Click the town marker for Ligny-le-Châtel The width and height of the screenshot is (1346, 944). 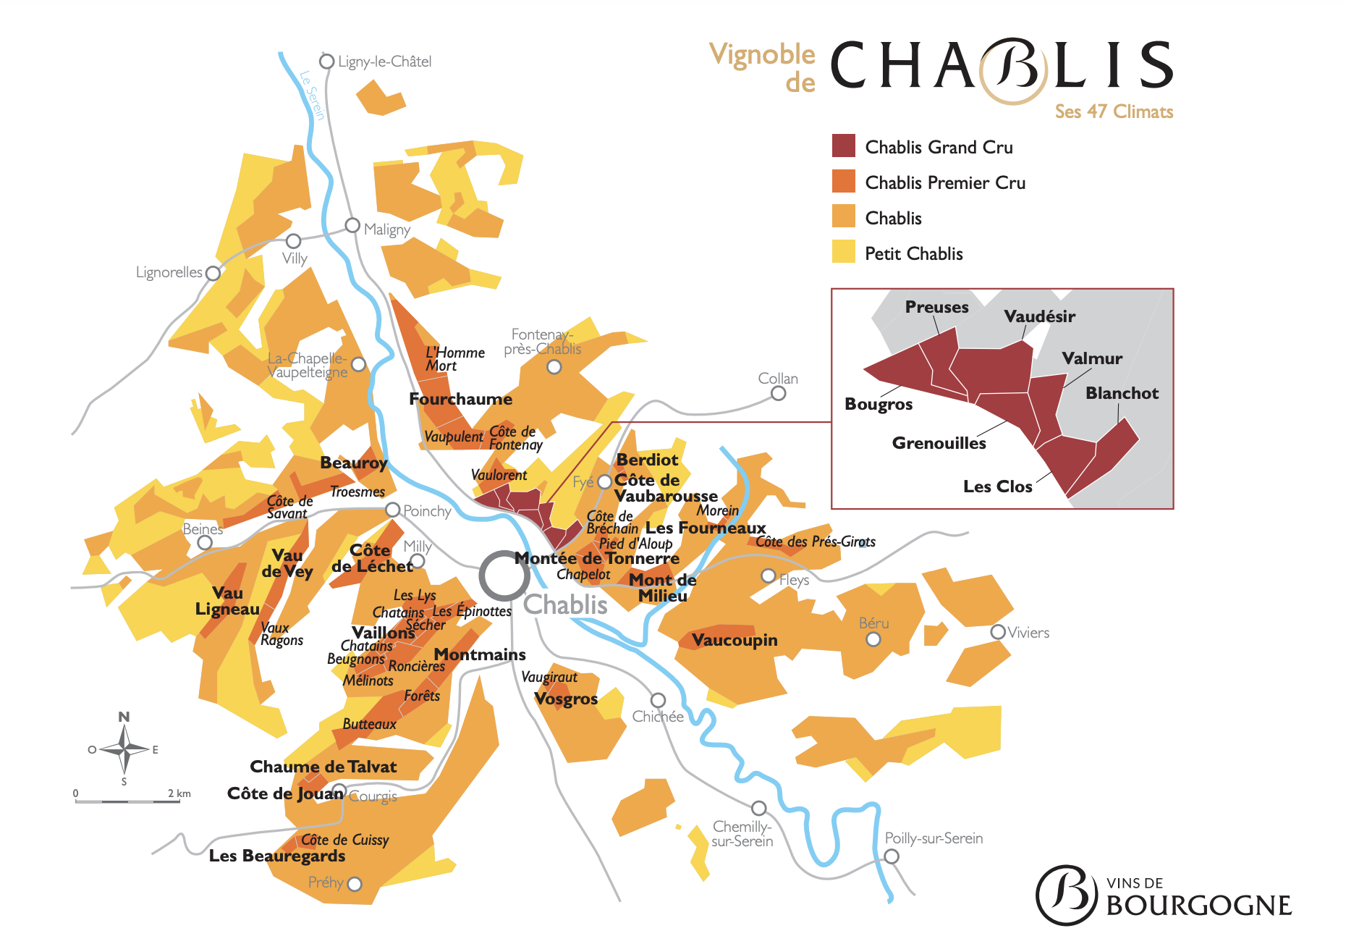pyautogui.click(x=327, y=62)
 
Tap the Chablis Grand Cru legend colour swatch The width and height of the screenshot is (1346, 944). pyautogui.click(x=843, y=146)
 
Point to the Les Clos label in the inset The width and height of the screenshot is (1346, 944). pyautogui.click(x=997, y=486)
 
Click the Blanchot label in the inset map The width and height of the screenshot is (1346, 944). pyautogui.click(x=1122, y=393)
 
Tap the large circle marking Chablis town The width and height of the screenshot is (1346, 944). pyautogui.click(x=504, y=576)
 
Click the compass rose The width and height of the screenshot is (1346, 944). pyautogui.click(x=124, y=749)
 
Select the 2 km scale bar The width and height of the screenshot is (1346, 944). pyautogui.click(x=127, y=801)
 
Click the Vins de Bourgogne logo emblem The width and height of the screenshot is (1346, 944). pyautogui.click(x=1067, y=895)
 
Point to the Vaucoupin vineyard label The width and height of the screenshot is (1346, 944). pyautogui.click(x=734, y=640)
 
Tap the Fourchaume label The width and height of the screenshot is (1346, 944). pyautogui.click(x=460, y=399)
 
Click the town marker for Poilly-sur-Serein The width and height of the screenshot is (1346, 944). pyautogui.click(x=892, y=856)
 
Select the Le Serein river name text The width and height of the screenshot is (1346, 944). pyautogui.click(x=312, y=95)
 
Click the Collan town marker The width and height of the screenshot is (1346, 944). pyautogui.click(x=778, y=393)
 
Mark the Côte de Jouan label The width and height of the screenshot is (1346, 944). pyautogui.click(x=284, y=793)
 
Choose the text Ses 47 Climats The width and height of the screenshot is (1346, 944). pyautogui.click(x=1113, y=111)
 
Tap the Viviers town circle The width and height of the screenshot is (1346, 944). pyautogui.click(x=998, y=632)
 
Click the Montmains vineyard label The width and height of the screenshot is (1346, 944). pyautogui.click(x=479, y=654)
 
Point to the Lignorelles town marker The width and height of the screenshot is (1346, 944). pyautogui.click(x=213, y=274)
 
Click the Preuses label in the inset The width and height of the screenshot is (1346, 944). pyautogui.click(x=936, y=307)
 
